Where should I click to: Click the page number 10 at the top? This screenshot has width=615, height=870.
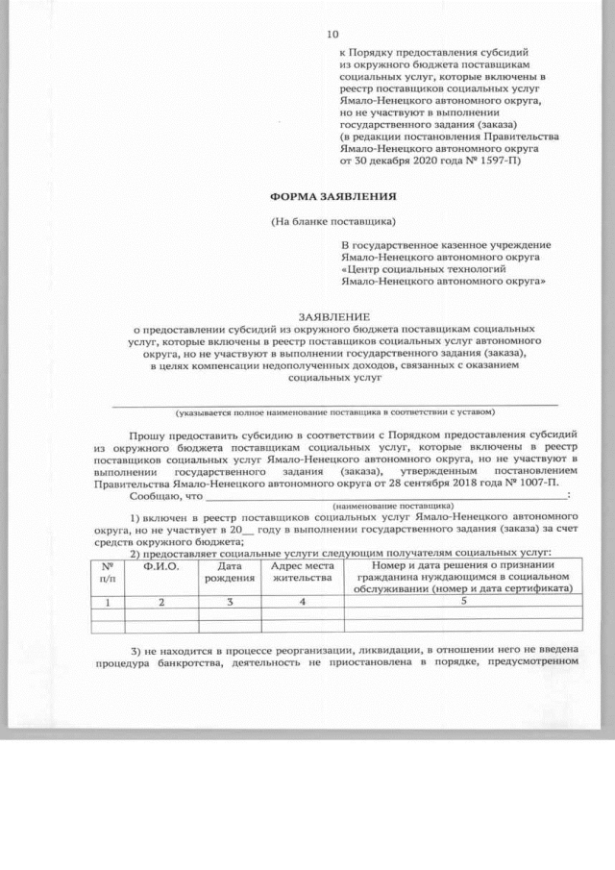click(x=332, y=33)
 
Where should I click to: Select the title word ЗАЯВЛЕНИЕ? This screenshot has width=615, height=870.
click(x=332, y=315)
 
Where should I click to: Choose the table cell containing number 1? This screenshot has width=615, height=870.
click(x=108, y=602)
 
